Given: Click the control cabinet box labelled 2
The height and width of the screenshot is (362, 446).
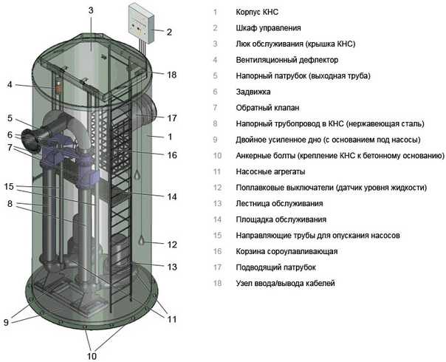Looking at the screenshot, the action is [142, 24].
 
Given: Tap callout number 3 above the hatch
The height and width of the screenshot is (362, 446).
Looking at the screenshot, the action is [91, 10].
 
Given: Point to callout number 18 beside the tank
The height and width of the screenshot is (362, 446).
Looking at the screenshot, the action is [172, 75].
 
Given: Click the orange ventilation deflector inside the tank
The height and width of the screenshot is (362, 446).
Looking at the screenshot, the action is [59, 87].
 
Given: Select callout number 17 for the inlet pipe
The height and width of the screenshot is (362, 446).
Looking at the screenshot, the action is [172, 117].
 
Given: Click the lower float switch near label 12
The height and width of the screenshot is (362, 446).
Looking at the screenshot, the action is [141, 241].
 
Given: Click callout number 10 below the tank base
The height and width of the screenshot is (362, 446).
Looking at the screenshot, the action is [92, 356].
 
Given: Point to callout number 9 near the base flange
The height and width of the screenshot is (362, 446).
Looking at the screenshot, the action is [6, 322].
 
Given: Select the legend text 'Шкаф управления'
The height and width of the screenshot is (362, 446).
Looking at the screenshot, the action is [268, 28].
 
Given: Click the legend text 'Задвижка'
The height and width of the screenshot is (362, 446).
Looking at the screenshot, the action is [253, 92].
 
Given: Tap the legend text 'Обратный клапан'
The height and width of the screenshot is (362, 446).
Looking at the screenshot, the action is [267, 108].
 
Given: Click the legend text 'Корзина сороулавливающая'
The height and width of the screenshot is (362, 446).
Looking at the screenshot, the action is [287, 252].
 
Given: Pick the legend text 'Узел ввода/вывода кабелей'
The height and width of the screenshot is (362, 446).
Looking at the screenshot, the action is [285, 284].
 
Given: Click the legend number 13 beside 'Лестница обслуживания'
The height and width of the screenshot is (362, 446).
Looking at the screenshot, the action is [217, 203].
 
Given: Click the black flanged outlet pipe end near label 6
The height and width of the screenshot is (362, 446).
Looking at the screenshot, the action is [30, 140].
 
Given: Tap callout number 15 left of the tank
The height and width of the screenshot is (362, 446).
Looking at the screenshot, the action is [9, 186].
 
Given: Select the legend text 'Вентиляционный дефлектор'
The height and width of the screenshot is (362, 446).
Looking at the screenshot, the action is [287, 60].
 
